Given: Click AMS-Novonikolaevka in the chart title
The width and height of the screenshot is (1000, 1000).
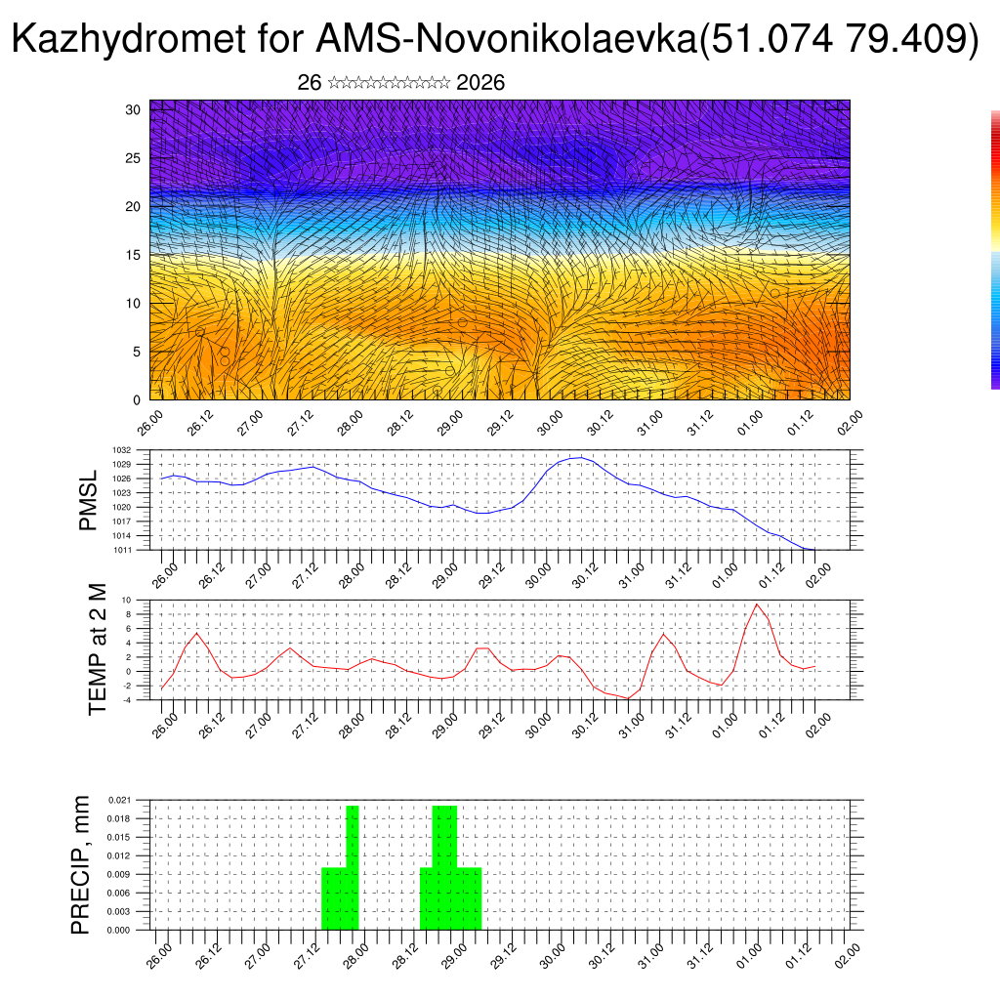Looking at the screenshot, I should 508,39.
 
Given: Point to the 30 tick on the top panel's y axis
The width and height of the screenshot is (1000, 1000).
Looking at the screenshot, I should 133,109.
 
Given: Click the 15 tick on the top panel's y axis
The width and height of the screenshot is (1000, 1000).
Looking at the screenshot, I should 133,255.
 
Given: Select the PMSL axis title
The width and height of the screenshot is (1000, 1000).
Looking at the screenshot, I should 88,500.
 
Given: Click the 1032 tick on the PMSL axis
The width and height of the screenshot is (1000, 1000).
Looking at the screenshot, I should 122,450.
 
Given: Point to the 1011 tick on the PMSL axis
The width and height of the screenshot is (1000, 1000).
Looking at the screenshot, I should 122,551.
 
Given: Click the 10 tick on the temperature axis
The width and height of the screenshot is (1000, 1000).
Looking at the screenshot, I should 126,600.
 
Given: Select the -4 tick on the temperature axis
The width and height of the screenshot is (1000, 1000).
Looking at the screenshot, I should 125,699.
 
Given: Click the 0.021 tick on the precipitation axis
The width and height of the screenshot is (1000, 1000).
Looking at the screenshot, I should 120,800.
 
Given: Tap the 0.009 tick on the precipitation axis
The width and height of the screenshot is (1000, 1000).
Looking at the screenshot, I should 120,874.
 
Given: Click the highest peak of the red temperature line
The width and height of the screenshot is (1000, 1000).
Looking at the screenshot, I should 757,604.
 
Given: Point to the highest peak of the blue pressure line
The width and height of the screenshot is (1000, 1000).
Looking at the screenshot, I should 581,457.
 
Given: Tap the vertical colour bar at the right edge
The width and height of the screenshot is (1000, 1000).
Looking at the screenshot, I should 995,249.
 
